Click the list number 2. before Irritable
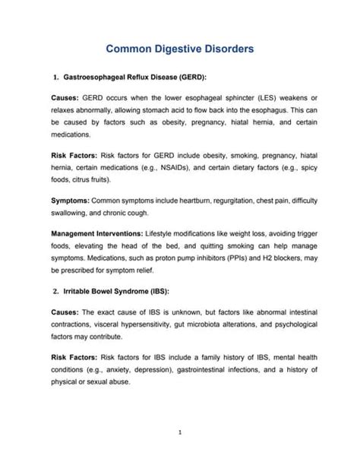pyautogui.click(x=56, y=291)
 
